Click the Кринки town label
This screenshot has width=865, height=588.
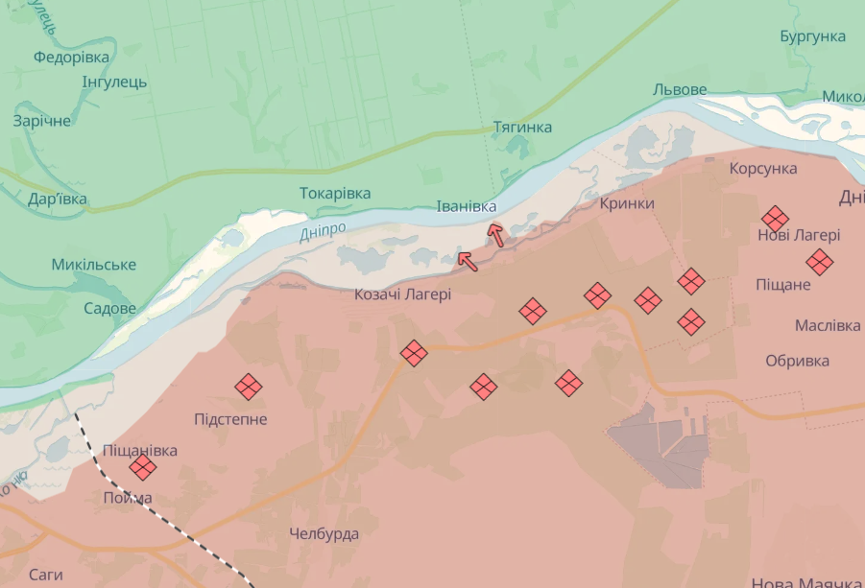[627, 203]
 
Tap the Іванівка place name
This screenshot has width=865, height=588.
[467, 207]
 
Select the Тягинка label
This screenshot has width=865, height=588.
[522, 128]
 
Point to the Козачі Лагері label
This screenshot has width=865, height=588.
[402, 294]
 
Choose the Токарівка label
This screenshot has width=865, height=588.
[335, 193]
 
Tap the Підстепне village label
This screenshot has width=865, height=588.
[230, 419]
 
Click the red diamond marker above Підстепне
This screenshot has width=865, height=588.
[249, 387]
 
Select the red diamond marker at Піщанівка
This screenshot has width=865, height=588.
[143, 467]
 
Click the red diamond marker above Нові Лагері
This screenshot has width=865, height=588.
[776, 218]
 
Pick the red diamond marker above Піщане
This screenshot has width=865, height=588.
[819, 261]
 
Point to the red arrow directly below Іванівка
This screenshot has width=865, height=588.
[495, 234]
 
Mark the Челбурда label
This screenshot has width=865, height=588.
[324, 533]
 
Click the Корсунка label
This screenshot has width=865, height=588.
[763, 168]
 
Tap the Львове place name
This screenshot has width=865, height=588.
[680, 90]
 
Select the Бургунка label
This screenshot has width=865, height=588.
[813, 36]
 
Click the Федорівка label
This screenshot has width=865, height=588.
[71, 58]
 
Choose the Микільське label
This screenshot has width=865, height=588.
[94, 265]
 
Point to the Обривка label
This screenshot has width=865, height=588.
[797, 361]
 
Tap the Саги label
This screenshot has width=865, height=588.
[45, 575]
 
